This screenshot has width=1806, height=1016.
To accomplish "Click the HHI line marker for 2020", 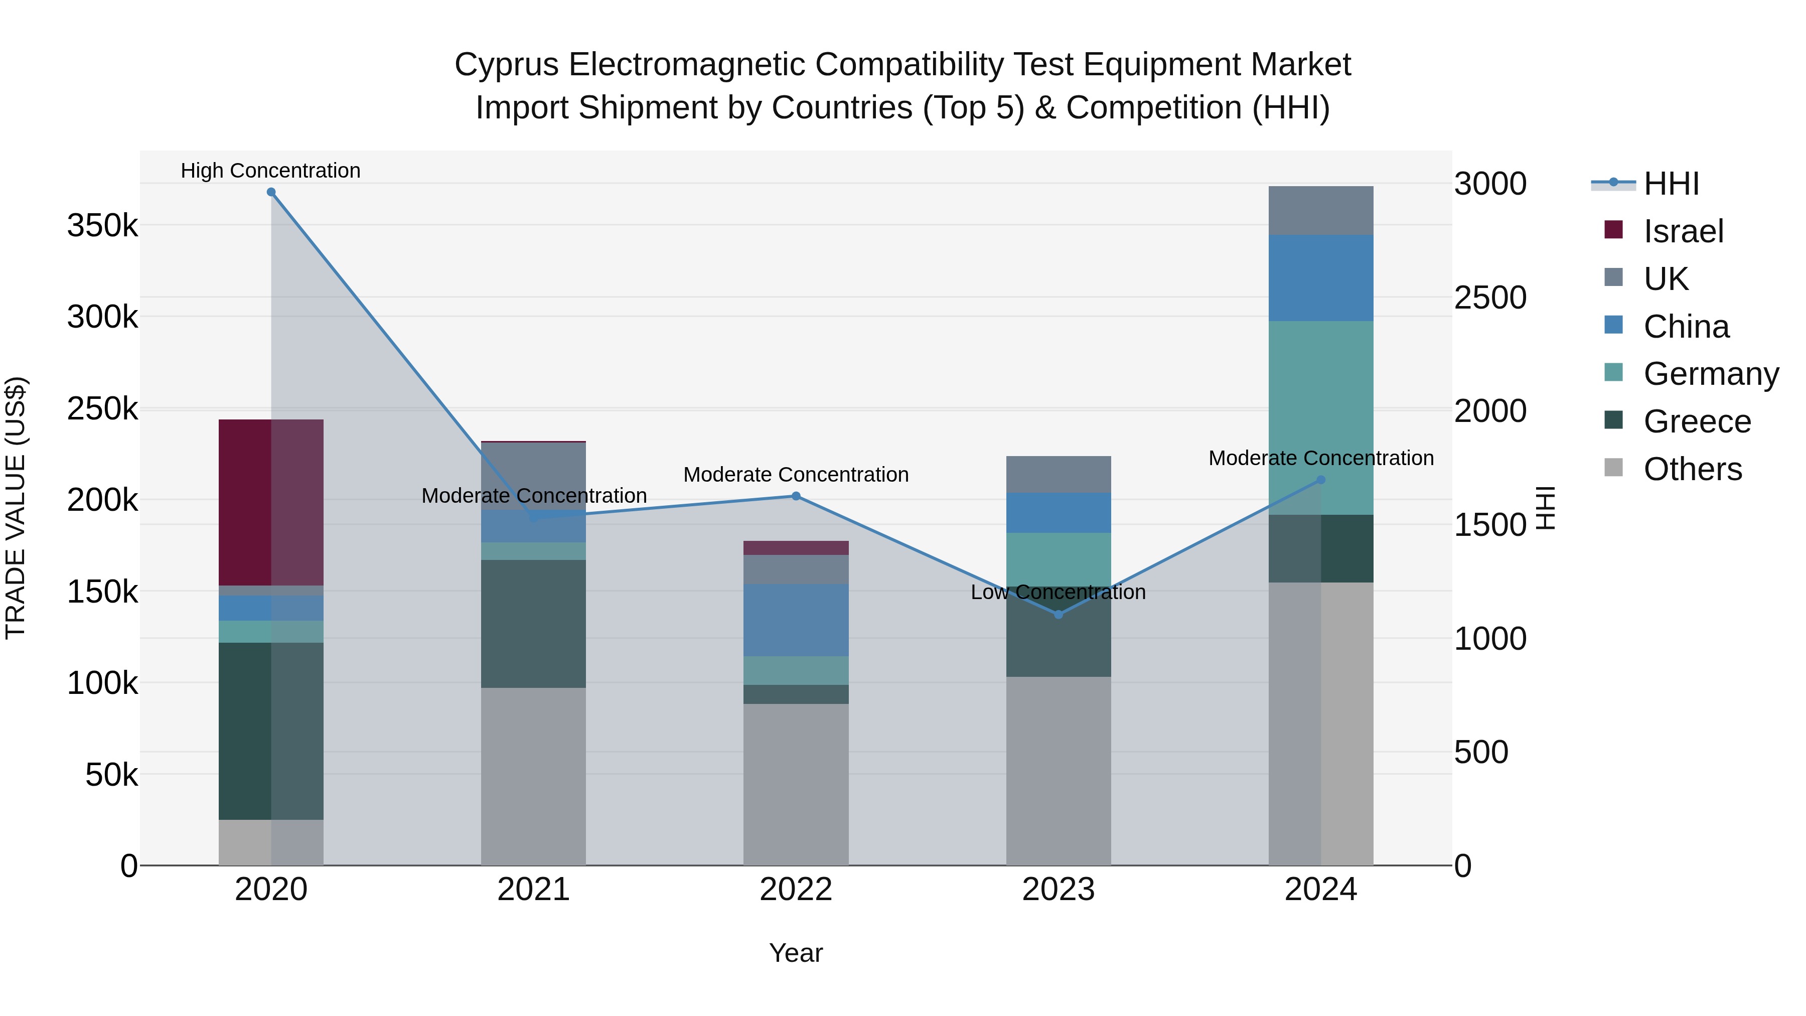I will point(271,192).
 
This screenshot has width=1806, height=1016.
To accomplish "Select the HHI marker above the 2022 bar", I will point(796,496).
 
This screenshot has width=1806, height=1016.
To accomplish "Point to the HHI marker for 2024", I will point(1321,480).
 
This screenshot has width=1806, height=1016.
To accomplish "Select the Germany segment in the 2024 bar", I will point(1321,418).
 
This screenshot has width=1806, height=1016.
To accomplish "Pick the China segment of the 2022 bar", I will point(796,621).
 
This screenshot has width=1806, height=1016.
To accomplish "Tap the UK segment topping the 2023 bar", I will point(1059,475).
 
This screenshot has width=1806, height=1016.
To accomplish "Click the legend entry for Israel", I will point(1683,231).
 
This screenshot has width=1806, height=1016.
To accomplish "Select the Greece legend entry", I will point(1697,421).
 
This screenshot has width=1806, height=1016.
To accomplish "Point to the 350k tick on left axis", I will point(102,226).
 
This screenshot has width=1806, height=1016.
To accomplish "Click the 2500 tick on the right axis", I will point(1490,298).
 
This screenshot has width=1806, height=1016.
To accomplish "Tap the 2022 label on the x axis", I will point(796,890).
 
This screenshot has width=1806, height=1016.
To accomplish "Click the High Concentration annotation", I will point(270,171).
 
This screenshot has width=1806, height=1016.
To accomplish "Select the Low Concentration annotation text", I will point(1058,593).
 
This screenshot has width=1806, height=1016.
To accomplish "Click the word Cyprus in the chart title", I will point(506,65).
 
